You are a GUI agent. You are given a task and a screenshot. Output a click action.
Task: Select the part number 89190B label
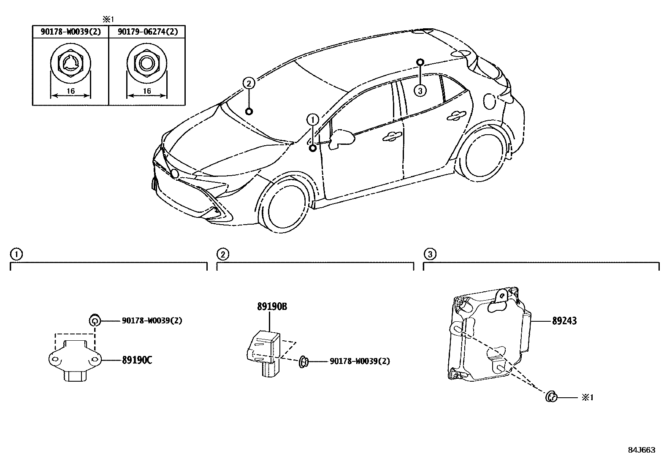272,307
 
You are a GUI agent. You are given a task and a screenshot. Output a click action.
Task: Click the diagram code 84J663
641,450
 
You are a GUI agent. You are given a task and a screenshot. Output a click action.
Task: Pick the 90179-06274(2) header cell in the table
147,32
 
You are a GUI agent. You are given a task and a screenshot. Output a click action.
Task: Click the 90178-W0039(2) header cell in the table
70,32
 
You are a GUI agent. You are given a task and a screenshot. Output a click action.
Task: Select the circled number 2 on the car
249,84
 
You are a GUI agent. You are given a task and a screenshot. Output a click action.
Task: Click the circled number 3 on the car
420,90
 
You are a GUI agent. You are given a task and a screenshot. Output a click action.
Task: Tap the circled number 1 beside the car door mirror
312,120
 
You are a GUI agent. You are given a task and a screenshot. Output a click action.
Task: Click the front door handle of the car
393,136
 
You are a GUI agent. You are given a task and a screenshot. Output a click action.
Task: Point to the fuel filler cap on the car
490,101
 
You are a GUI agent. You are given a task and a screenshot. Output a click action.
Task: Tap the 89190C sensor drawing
74,360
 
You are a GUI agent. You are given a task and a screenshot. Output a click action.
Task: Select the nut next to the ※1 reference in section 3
551,397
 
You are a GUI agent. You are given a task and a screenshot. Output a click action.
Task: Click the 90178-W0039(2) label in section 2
360,361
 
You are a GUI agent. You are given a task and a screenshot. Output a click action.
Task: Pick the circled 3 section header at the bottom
430,254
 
